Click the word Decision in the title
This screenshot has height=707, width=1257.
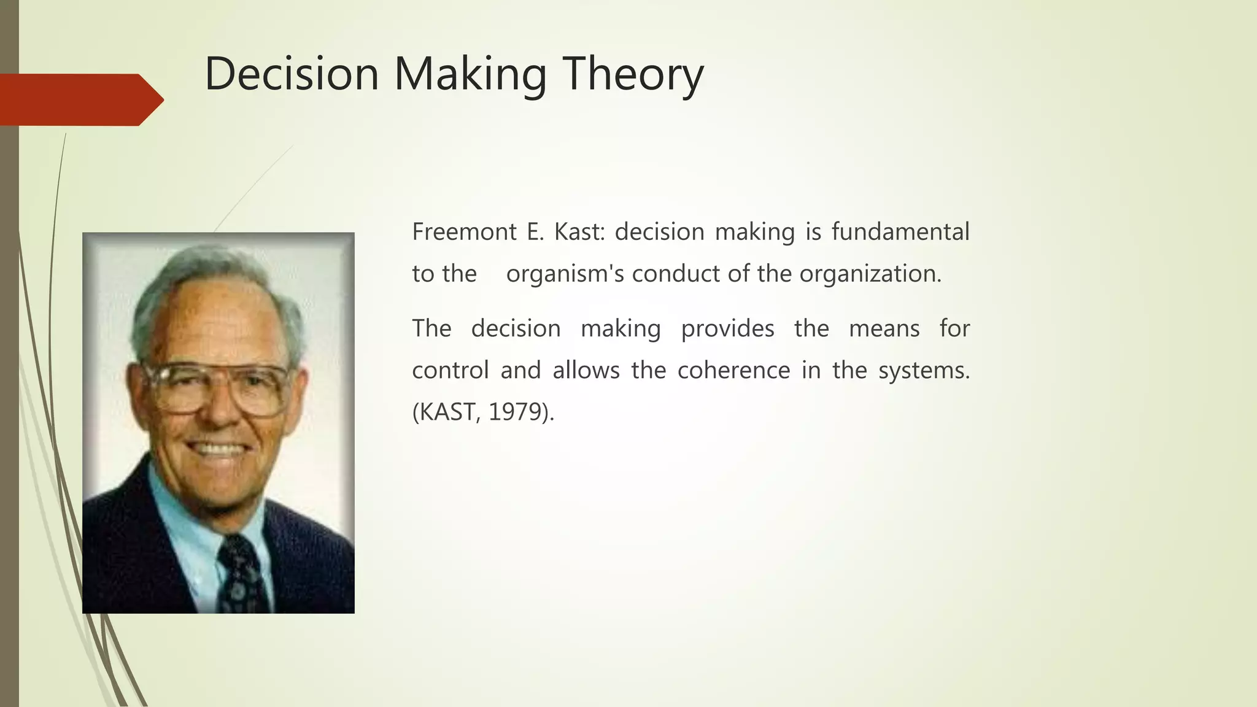(292, 74)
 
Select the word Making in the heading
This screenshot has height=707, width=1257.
(470, 74)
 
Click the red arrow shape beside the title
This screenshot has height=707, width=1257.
(80, 99)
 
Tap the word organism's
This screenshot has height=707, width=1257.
(565, 274)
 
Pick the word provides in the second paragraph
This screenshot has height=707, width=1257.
(727, 329)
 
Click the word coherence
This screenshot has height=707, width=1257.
(733, 371)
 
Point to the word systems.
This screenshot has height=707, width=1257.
(924, 371)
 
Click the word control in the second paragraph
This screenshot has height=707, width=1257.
(450, 371)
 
